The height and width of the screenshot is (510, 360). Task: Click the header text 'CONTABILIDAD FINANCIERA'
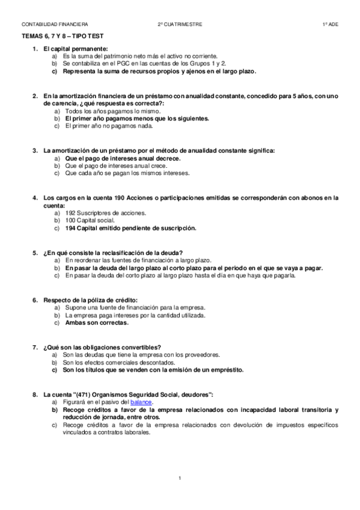(55, 24)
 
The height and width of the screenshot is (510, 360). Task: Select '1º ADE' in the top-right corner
(331, 24)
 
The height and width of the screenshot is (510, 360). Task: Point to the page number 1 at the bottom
(180, 478)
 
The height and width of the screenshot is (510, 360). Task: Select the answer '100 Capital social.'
(88, 220)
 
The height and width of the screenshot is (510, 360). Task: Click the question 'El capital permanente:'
(76, 48)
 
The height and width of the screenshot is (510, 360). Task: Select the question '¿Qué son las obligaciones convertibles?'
(102, 347)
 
